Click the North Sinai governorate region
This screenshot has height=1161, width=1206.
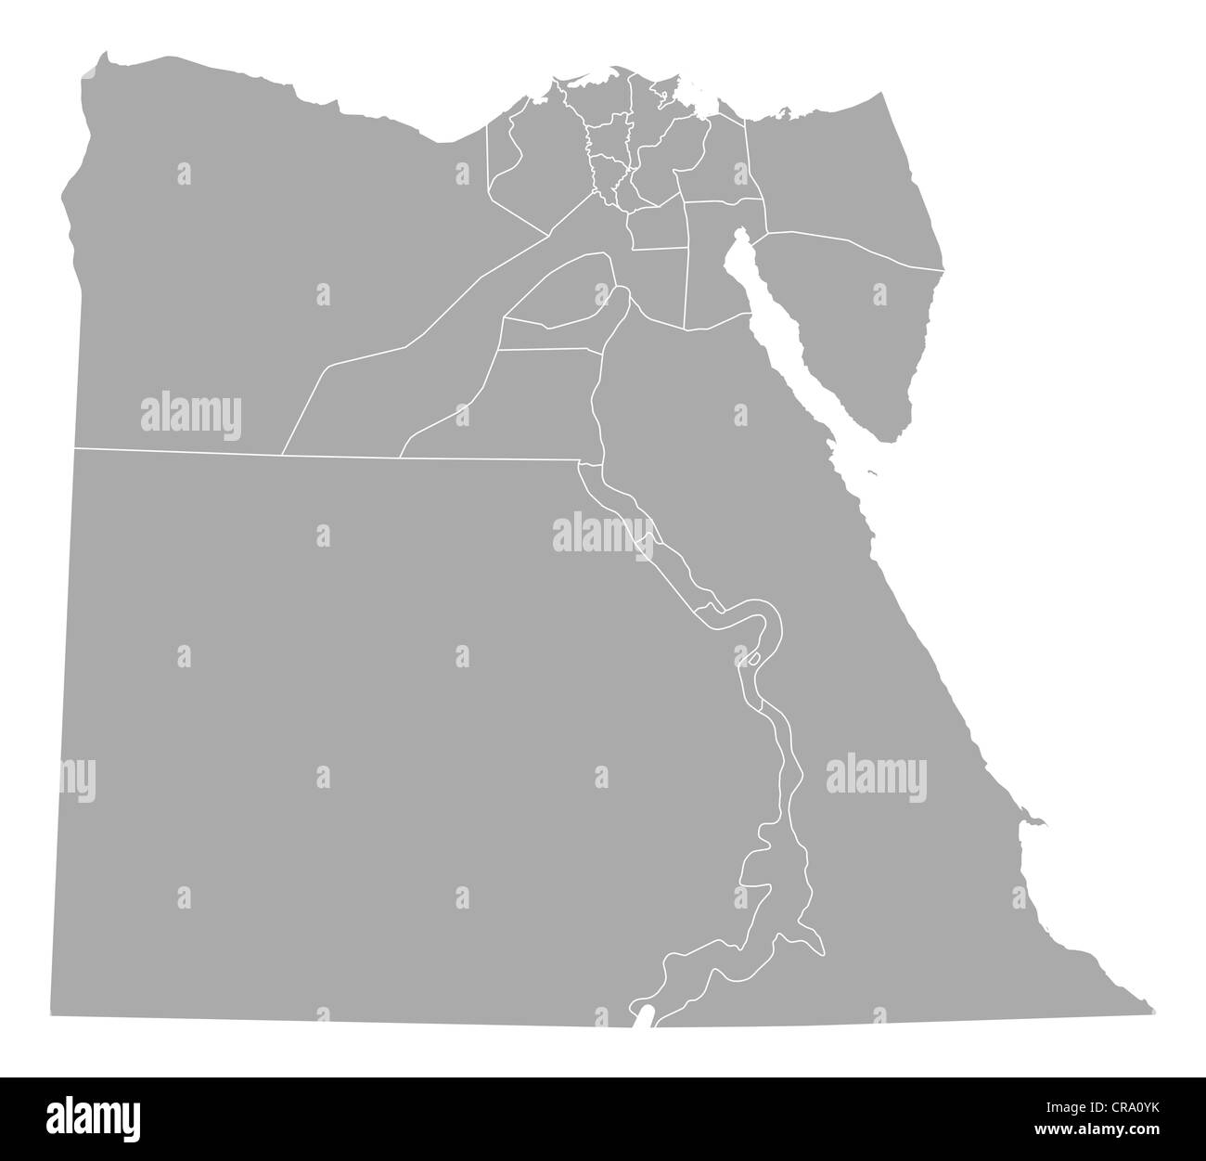pos(835,176)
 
